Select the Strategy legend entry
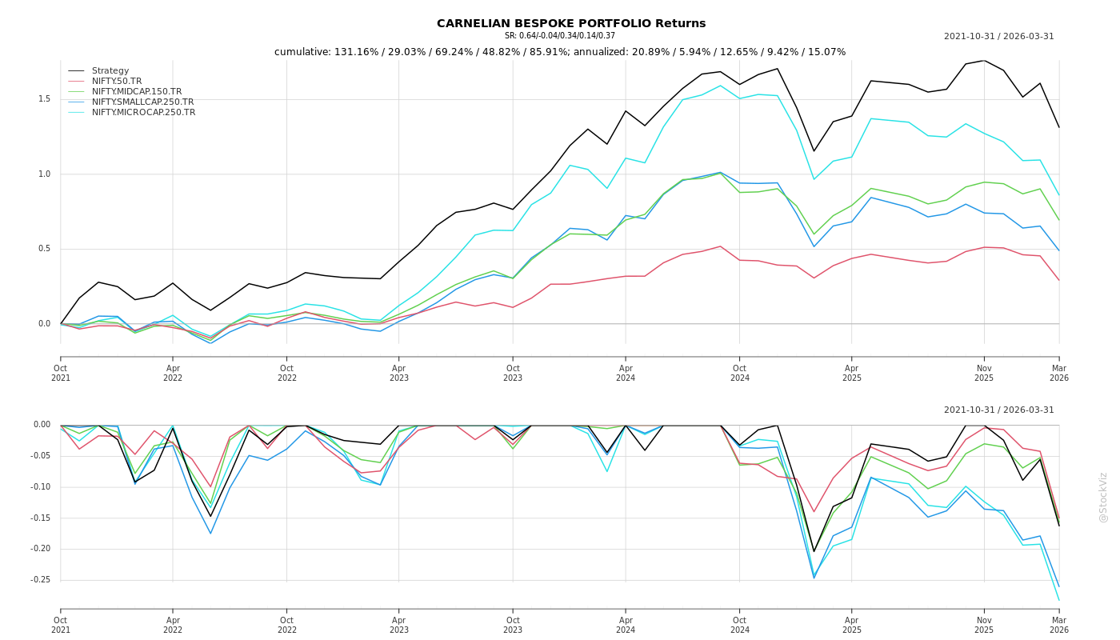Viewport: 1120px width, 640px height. (x=110, y=71)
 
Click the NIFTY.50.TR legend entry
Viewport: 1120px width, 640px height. (x=117, y=82)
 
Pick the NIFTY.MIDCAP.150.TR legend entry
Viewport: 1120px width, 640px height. (x=137, y=92)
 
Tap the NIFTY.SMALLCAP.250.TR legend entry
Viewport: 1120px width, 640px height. (x=142, y=102)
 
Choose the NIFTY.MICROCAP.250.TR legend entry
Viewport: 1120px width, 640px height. (x=143, y=113)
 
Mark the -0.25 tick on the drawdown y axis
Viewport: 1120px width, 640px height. (x=42, y=580)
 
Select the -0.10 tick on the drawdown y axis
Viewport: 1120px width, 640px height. (x=42, y=487)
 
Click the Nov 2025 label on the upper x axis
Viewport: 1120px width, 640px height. (x=984, y=374)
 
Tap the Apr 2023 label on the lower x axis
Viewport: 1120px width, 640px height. (x=398, y=625)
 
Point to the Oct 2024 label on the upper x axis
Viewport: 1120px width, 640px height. (x=739, y=374)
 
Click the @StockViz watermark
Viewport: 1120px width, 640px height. (x=1103, y=497)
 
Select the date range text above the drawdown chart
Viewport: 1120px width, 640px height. (x=998, y=410)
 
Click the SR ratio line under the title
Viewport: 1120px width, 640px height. (x=560, y=36)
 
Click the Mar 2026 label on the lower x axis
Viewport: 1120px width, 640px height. (x=1058, y=625)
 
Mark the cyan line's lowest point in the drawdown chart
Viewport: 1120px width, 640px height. (x=1058, y=600)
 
